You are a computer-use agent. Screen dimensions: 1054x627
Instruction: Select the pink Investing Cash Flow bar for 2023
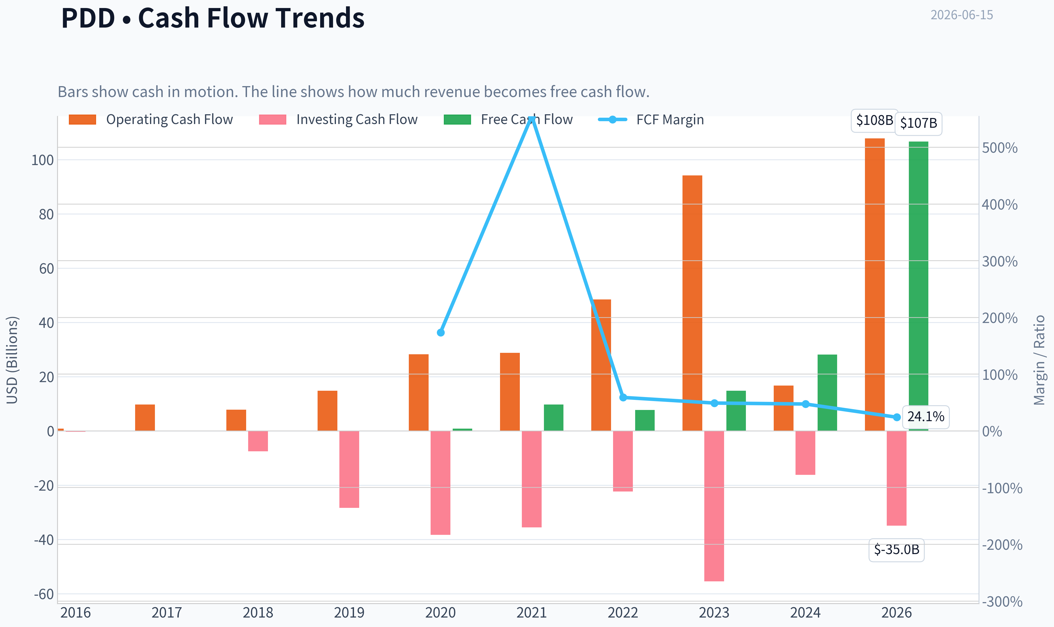[x=714, y=506]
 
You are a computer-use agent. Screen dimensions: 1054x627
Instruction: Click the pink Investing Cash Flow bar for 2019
[x=349, y=469]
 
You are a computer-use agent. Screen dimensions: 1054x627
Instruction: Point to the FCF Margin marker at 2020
[x=441, y=332]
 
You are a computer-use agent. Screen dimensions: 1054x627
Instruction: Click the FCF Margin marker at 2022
[x=623, y=397]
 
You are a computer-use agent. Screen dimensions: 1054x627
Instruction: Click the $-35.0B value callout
[x=897, y=550]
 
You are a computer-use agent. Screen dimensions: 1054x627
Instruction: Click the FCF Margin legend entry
[x=651, y=119]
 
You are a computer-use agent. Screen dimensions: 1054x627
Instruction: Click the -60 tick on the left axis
[x=44, y=595]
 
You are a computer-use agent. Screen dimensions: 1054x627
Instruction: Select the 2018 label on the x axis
[x=258, y=613]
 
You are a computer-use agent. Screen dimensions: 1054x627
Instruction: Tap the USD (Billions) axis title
[x=12, y=360]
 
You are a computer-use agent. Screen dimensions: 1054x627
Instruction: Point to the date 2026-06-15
[x=962, y=15]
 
